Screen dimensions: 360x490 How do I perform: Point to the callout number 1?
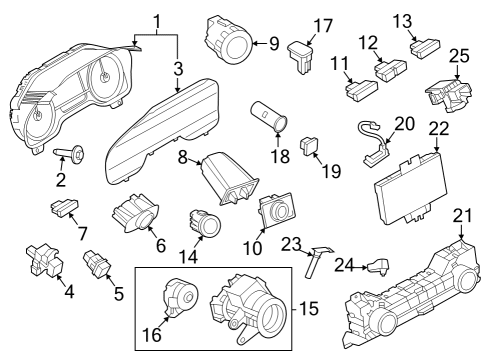[157, 22]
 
